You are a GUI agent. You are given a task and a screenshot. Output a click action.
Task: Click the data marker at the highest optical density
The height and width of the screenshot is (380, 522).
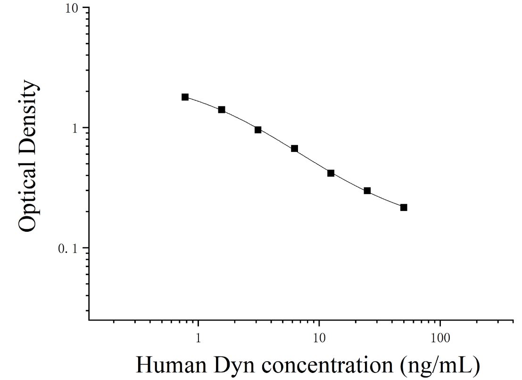[185, 97]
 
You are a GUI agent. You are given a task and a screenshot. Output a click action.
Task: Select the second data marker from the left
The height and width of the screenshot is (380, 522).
[221, 110]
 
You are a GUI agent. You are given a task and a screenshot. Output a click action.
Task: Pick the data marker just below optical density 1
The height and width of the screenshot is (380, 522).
[257, 130]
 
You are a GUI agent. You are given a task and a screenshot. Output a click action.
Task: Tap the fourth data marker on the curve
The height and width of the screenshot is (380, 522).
[294, 148]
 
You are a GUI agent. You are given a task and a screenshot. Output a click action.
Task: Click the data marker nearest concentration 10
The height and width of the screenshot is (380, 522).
[331, 173]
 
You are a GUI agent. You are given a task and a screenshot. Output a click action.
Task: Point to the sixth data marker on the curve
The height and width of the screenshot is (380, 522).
[367, 191]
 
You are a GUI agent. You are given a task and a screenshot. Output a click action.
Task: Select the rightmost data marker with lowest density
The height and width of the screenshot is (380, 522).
[404, 207]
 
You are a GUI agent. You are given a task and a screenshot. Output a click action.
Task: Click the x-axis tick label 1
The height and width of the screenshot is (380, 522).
[199, 338]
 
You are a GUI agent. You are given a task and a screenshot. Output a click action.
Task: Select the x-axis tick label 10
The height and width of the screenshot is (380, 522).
[319, 338]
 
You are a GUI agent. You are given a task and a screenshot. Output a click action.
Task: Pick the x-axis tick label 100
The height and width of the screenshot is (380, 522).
[440, 338]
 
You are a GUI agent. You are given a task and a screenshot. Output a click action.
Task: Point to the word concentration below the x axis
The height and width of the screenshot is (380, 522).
[327, 365]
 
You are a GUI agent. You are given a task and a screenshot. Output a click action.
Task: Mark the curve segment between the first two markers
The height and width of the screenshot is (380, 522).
[203, 102]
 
